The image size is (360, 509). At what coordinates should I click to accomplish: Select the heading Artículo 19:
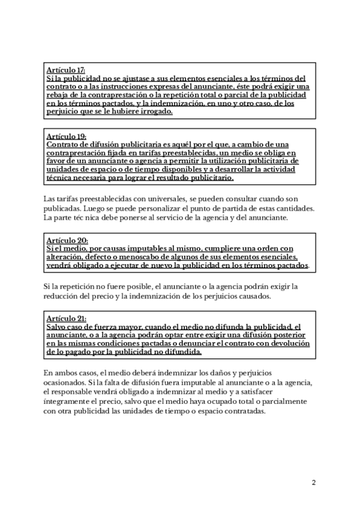coord(67,136)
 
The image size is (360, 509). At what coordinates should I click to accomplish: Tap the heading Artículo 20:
coord(67,240)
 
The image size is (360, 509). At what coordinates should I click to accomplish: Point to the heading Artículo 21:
coord(66,318)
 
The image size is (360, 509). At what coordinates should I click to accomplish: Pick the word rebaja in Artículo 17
coord(59,95)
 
